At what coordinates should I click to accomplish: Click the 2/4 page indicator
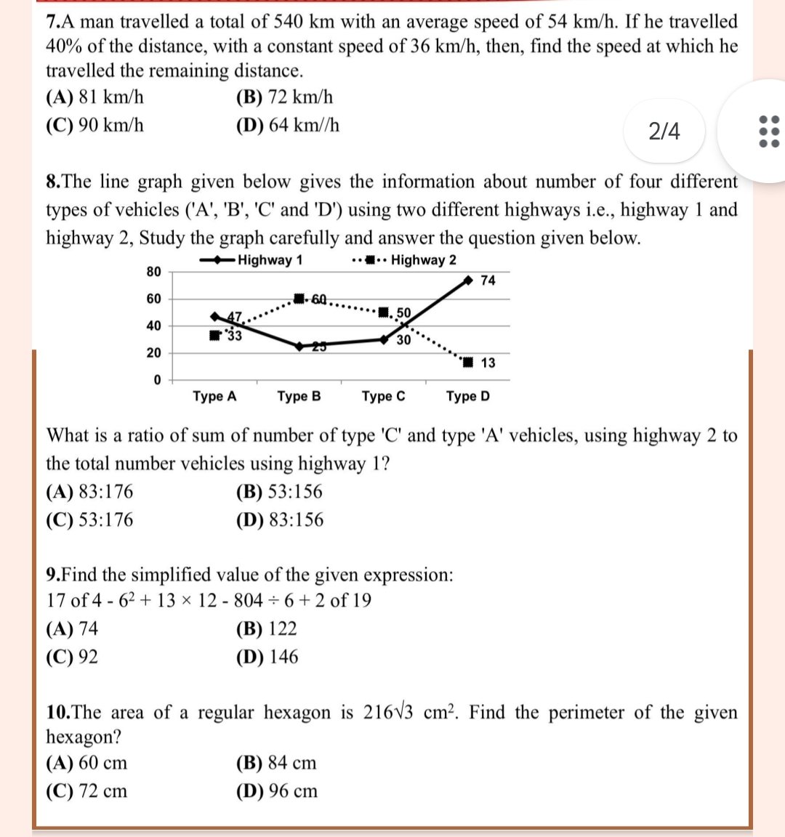click(664, 132)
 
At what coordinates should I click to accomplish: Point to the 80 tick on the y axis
click(153, 272)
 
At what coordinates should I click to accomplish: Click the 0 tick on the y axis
click(156, 380)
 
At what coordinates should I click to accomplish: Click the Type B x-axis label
click(299, 397)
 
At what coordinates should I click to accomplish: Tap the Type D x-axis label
click(467, 397)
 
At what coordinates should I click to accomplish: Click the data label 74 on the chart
click(488, 280)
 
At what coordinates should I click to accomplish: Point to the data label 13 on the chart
click(488, 363)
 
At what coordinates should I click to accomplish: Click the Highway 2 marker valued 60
click(299, 299)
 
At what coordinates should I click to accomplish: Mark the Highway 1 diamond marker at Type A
click(214, 317)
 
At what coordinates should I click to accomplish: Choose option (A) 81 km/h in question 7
click(94, 97)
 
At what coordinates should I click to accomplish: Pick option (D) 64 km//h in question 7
click(288, 126)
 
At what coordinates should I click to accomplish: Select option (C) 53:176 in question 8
click(89, 520)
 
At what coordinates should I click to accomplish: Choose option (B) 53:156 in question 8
click(279, 492)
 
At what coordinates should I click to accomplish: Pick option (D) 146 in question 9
click(267, 657)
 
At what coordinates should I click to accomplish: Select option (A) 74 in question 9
click(72, 628)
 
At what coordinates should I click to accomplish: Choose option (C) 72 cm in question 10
click(86, 791)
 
